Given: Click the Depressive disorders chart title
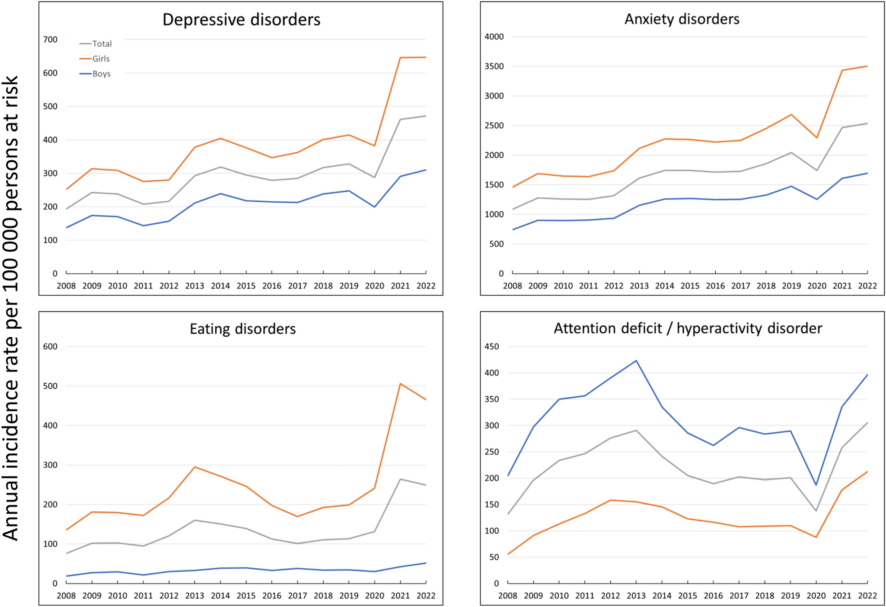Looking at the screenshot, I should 241,20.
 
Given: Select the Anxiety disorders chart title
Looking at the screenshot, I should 682,19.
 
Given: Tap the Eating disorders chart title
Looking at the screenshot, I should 242,329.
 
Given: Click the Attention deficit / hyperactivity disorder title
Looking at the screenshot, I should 688,328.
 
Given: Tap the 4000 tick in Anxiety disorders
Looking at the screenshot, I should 494,37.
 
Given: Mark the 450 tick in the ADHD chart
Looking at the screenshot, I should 492,347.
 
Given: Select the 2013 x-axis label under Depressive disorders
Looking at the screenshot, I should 195,286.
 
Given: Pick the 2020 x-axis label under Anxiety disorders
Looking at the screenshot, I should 817,286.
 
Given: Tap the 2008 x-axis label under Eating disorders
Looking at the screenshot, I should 66,596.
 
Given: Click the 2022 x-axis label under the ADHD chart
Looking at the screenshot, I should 867,596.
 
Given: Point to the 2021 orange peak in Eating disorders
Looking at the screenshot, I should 400,384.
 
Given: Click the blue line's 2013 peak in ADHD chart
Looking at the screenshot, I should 636,361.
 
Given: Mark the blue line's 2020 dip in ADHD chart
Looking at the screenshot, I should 816,485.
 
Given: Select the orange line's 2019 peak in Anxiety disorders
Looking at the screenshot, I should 791,114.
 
